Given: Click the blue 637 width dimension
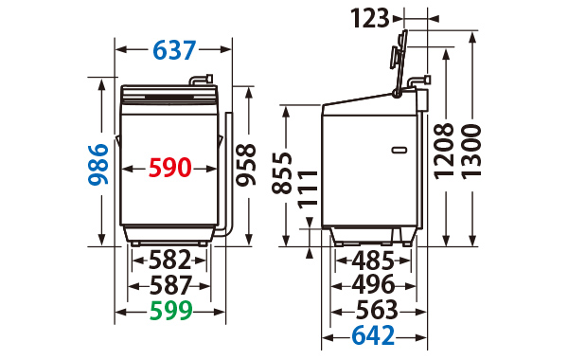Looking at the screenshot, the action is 174,50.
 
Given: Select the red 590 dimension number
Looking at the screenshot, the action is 169,168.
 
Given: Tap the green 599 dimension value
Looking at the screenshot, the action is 170,311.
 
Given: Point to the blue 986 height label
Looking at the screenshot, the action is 98,165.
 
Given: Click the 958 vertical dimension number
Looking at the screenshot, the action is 246,165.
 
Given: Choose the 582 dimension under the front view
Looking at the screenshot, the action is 169,260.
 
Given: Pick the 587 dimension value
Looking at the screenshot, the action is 170,286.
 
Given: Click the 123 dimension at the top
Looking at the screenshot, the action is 370,19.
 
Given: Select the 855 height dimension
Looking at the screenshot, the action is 282,173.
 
